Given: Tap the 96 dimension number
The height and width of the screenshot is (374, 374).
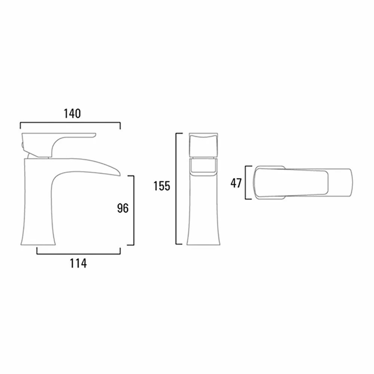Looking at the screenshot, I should pyautogui.click(x=123, y=208).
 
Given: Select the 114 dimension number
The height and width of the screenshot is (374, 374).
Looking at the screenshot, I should pyautogui.click(x=78, y=263).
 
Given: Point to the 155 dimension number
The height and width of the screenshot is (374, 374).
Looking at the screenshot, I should pyautogui.click(x=162, y=186).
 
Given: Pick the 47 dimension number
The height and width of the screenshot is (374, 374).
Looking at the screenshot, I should pyautogui.click(x=236, y=183).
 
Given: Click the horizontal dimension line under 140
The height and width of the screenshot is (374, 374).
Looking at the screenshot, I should pyautogui.click(x=70, y=122).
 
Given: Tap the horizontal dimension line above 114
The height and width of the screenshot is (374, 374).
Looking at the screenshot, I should pyautogui.click(x=78, y=254).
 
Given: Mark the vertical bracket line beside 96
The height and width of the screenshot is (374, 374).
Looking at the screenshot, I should pyautogui.click(x=134, y=209).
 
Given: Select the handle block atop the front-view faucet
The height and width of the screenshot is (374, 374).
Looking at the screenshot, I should pyautogui.click(x=203, y=145).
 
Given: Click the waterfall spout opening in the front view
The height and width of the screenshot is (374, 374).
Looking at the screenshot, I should pyautogui.click(x=203, y=166).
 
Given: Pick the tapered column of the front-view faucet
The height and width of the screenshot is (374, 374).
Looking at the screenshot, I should pyautogui.click(x=203, y=209).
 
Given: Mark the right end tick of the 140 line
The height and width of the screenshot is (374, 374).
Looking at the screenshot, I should pyautogui.click(x=120, y=125).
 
